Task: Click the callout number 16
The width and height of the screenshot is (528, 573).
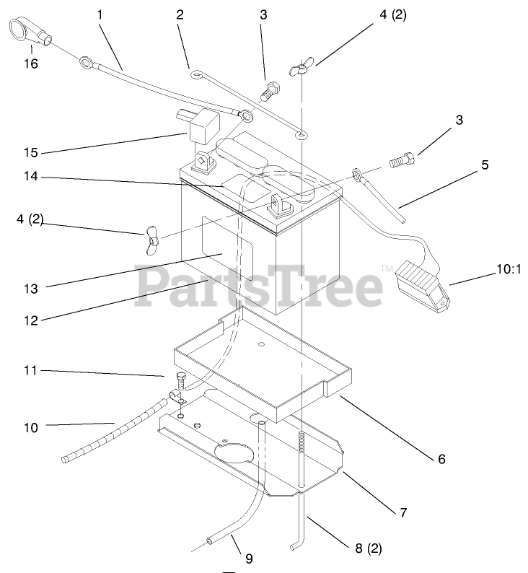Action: pyautogui.click(x=30, y=64)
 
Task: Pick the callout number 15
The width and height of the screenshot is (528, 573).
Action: pyautogui.click(x=30, y=153)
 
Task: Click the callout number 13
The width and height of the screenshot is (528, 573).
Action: pyautogui.click(x=30, y=289)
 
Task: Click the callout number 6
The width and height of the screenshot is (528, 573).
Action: pyautogui.click(x=441, y=458)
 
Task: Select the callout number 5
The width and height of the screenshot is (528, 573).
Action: pyautogui.click(x=484, y=165)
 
